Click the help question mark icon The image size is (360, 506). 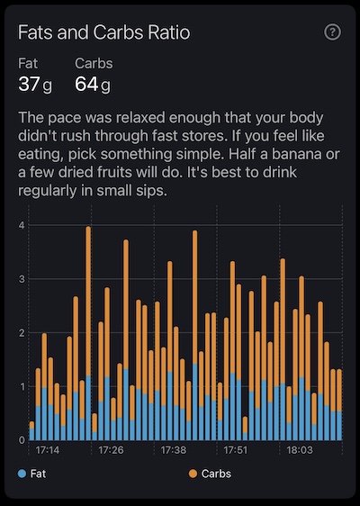[x=333, y=32]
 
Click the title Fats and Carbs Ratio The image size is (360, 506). [x=104, y=32]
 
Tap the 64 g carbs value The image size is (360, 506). [x=93, y=86]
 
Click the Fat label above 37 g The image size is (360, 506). [x=29, y=65]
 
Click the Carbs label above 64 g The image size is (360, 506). [x=93, y=65]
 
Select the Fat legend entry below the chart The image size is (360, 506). [x=35, y=473]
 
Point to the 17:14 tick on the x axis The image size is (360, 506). [x=47, y=449]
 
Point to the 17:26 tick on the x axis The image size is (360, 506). [x=109, y=449]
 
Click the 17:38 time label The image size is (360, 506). [x=172, y=449]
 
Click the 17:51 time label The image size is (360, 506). [x=236, y=449]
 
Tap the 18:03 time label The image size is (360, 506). [x=299, y=449]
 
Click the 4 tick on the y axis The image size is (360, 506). [x=22, y=225]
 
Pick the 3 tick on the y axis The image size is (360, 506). [x=22, y=279]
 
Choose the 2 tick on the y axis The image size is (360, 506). [x=22, y=332]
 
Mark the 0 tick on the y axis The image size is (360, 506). [x=22, y=439]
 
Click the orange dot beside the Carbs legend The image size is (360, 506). [x=193, y=473]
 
